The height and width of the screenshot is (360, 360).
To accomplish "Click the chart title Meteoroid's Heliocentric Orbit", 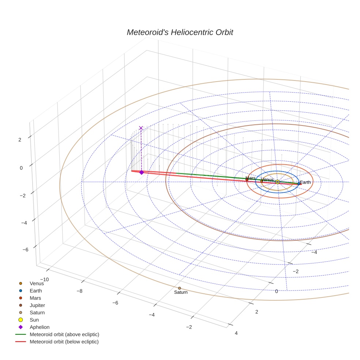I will [180, 33].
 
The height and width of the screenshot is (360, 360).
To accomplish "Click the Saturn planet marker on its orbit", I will [179, 288].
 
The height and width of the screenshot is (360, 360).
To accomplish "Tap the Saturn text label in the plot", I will [181, 292].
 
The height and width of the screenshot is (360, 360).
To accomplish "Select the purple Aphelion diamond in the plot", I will [142, 172].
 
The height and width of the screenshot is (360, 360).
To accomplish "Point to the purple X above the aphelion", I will [141, 128].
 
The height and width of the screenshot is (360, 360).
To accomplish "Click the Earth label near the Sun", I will [305, 182].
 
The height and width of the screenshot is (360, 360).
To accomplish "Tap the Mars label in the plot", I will [251, 178].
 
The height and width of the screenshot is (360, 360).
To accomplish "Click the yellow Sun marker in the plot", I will [277, 182].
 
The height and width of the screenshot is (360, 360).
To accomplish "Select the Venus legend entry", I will [37, 284].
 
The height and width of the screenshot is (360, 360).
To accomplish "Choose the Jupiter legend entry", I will [37, 305].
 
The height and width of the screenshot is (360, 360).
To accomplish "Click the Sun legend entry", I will [34, 320].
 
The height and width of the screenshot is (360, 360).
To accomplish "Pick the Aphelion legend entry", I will [40, 327].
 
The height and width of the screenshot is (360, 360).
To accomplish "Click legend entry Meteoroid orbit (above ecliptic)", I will [64, 335].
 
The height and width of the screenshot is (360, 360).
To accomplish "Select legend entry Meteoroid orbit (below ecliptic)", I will [64, 342].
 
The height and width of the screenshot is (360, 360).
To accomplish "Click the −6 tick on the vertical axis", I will [26, 250].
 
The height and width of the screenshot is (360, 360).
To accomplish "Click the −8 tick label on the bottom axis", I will [79, 291].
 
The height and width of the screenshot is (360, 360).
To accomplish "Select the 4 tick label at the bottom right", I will [236, 333].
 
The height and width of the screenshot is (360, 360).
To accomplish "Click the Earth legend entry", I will [35, 291].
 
